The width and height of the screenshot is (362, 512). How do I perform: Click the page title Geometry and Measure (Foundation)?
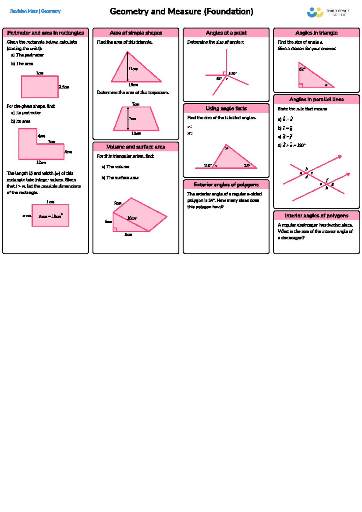tap(181, 11)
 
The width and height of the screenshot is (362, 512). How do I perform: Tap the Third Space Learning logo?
tap(328, 13)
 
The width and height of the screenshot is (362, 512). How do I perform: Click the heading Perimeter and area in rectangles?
tap(46, 33)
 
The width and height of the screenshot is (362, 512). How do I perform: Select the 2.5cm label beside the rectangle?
tap(64, 87)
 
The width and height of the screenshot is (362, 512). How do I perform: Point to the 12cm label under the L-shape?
tap(41, 162)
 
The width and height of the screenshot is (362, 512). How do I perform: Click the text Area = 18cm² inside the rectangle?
tap(50, 216)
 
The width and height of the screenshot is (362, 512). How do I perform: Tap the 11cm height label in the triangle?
tap(133, 69)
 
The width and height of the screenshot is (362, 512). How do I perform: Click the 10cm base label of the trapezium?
tap(136, 133)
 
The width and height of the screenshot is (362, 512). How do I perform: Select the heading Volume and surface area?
tap(136, 147)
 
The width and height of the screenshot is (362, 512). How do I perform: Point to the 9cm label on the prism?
tap(118, 203)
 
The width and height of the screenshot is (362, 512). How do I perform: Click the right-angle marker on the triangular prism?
tap(115, 230)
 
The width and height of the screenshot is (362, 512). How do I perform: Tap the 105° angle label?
tap(232, 73)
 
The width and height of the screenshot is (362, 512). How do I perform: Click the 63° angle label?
tap(219, 78)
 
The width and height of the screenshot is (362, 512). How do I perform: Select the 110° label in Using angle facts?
tap(208, 165)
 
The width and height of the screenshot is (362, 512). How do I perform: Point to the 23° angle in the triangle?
tap(247, 165)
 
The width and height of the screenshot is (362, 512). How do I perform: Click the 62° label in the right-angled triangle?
tap(302, 69)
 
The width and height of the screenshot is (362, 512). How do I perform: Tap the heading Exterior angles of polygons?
tap(226, 184)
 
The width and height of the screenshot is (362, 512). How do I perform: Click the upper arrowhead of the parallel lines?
tap(340, 157)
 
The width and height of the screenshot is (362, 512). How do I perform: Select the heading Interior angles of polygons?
tap(316, 215)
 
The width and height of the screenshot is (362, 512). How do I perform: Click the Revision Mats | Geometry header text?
tap(35, 11)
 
